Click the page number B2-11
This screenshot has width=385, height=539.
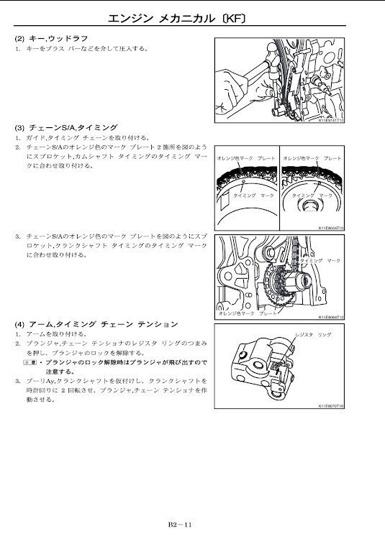180,525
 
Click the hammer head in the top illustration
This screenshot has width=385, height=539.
273,57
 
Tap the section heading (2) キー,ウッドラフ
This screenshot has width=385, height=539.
51,39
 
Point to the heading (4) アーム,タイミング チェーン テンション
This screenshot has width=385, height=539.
96,324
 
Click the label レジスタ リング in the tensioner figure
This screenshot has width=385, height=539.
313,334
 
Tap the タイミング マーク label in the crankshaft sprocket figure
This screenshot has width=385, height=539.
320,261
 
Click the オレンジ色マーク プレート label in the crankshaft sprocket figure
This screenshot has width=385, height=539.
248,313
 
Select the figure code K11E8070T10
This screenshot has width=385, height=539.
331,406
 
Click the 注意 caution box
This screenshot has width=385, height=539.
30,362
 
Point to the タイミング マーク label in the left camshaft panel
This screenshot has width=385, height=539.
254,195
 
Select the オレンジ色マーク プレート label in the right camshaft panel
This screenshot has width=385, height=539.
312,159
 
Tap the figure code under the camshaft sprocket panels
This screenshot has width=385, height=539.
331,228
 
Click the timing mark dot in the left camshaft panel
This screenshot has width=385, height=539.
243,181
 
